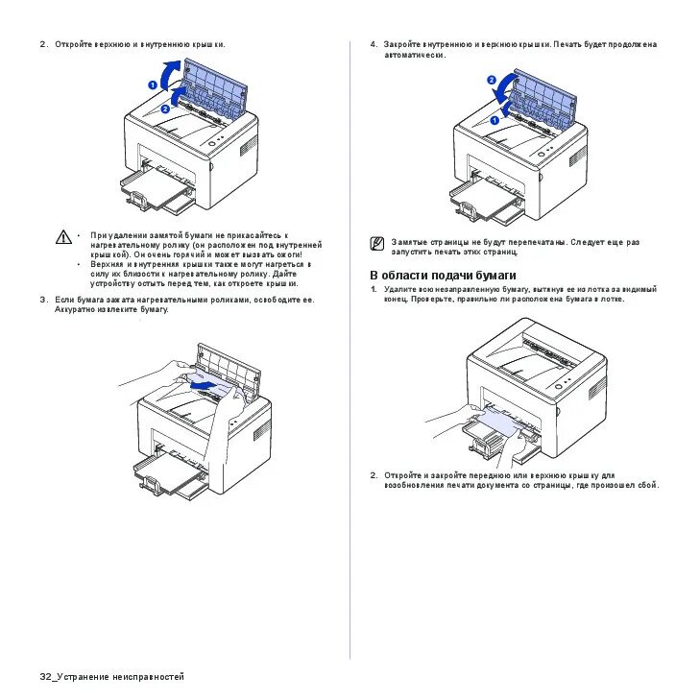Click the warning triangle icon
click(x=63, y=236)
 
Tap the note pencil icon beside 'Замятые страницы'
click(x=377, y=244)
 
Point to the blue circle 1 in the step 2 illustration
click(x=152, y=84)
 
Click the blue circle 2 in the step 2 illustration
click(x=164, y=109)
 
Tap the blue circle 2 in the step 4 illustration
click(x=492, y=80)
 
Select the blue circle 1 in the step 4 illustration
click(x=495, y=119)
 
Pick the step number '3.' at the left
click(x=43, y=300)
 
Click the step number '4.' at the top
click(x=374, y=44)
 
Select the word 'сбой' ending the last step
click(x=648, y=485)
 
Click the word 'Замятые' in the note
click(x=406, y=243)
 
